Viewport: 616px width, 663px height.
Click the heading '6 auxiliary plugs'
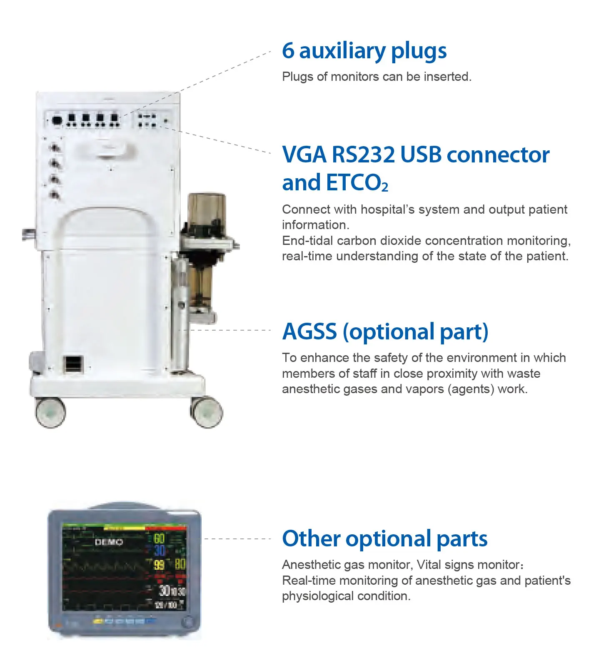coord(364,51)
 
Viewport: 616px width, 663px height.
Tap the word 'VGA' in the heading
coord(304,155)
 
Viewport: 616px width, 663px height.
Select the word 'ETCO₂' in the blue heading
coord(357,183)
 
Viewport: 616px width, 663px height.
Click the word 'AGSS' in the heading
coord(309,332)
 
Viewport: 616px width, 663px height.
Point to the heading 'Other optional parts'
coord(384,538)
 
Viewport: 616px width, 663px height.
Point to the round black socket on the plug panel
coord(57,121)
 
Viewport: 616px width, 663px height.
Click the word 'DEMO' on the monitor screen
coord(109,542)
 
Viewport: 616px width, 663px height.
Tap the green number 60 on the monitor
coord(159,538)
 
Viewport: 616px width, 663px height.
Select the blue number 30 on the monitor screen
coord(160,551)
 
